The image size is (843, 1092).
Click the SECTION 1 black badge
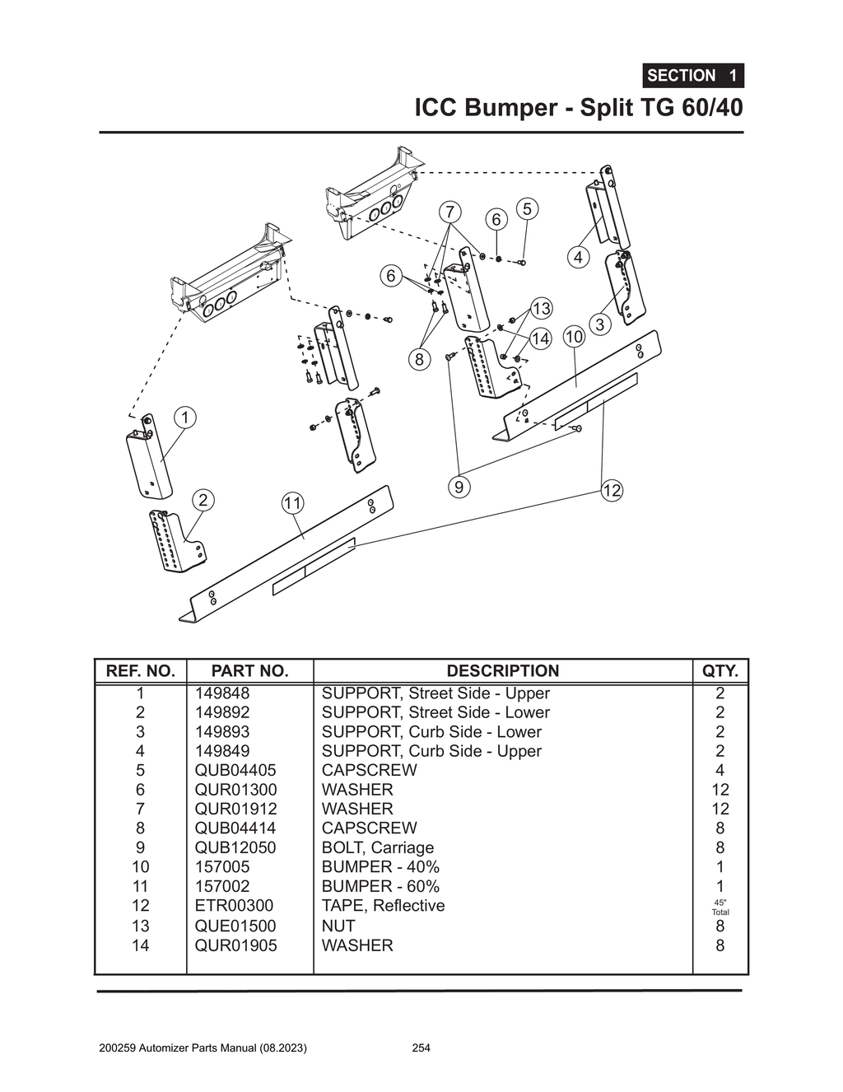coord(692,76)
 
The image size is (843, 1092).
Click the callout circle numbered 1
coord(185,418)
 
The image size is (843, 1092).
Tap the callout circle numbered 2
coord(203,500)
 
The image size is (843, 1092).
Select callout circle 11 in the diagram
coord(292,503)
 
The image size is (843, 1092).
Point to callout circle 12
coord(612,491)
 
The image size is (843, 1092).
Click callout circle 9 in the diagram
coord(459,487)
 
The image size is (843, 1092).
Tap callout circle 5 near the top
coord(527,209)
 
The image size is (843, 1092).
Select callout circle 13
coord(541,309)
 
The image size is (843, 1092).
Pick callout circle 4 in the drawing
coord(579,257)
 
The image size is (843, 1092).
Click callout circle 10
coord(574,336)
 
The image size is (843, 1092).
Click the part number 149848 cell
coord(221,693)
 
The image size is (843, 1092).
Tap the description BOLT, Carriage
coord(377,847)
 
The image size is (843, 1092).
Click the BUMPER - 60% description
coord(380,886)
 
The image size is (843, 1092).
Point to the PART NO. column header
coord(249,671)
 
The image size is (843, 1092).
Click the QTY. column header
coord(720,671)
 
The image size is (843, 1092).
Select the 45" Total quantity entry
coord(720,907)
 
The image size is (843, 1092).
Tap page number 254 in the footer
coord(421,1048)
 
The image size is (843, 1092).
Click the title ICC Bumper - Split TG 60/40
coord(578,108)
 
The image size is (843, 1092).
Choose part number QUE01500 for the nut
coord(235,926)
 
